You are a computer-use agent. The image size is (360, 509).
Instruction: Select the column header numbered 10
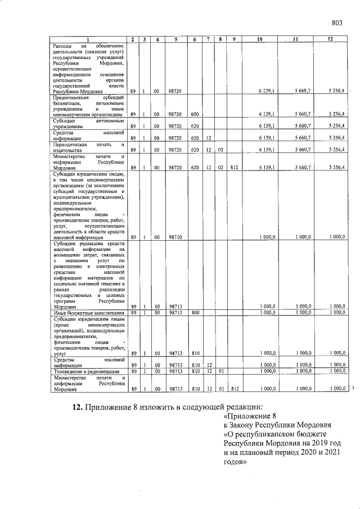[x=259, y=39]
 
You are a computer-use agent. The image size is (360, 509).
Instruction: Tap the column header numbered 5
[x=176, y=39]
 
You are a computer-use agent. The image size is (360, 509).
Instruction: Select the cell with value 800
[x=195, y=312]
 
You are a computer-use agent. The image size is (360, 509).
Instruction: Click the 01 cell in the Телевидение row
[x=221, y=372]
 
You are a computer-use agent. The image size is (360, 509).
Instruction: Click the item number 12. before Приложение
[x=78, y=408]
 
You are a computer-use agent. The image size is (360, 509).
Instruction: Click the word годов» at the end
[x=232, y=463]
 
